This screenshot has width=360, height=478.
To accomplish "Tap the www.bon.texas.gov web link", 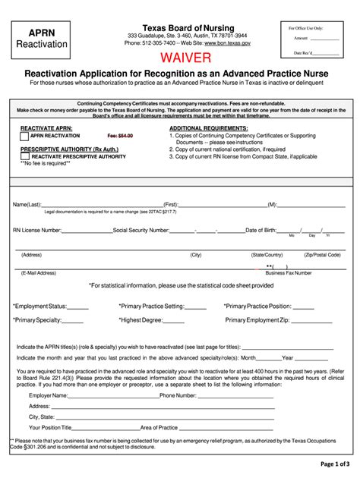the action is [x=227, y=44].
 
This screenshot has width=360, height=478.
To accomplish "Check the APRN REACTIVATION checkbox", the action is [x=25, y=136].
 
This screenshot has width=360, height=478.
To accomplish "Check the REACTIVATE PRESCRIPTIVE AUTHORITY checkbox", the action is [x=25, y=156].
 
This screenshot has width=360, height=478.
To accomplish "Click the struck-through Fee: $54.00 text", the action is [x=117, y=136].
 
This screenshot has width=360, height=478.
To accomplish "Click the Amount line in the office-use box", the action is [x=315, y=38].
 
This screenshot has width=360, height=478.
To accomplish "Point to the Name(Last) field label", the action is [x=27, y=205].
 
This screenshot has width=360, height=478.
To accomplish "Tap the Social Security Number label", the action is [x=142, y=229].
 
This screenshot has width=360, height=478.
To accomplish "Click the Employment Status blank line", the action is [x=78, y=307].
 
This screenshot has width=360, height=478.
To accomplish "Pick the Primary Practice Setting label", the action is [x=152, y=306].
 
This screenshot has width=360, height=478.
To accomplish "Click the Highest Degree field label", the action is [x=141, y=320].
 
